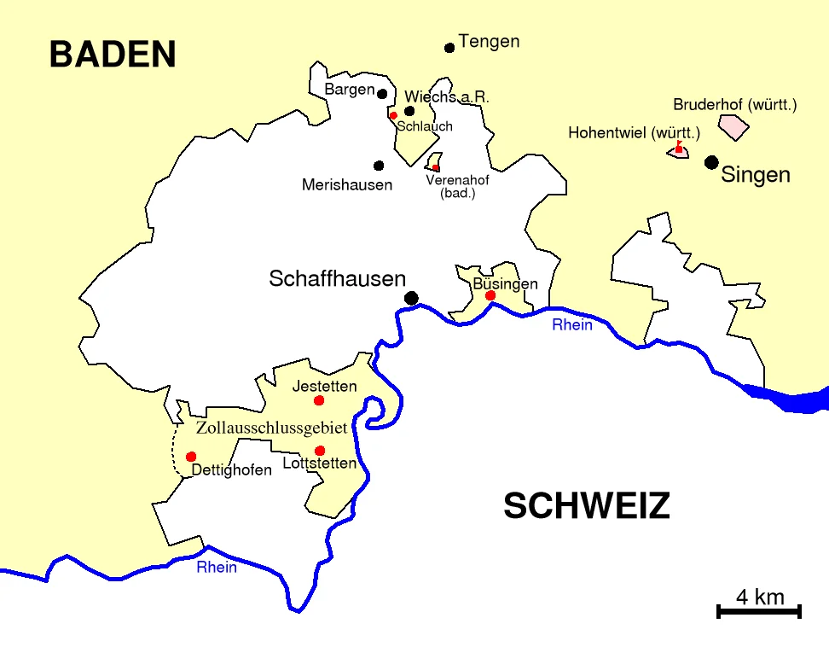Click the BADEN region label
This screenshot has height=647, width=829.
tap(113, 55)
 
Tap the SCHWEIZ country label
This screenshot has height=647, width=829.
tap(586, 506)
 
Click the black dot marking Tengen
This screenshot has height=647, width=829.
tap(449, 48)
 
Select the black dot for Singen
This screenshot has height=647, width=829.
tap(711, 162)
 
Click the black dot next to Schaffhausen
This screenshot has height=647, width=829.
tap(412, 298)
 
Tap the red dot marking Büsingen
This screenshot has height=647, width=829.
tap(490, 296)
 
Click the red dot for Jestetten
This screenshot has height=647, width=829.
tap(319, 400)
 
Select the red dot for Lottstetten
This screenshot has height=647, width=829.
tap(320, 451)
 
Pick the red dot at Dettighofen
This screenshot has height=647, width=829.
tap(191, 457)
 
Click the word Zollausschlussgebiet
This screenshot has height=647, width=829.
tap(272, 428)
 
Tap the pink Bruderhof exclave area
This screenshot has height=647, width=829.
tap(733, 127)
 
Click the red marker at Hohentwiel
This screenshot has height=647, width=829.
tap(679, 149)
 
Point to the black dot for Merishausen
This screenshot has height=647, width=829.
tap(379, 166)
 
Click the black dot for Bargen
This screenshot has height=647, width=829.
tap(382, 94)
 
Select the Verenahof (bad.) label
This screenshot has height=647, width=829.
tap(457, 186)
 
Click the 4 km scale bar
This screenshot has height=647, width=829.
tap(759, 610)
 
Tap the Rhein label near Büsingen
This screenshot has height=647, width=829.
tap(571, 325)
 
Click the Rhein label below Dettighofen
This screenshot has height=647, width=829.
tap(217, 568)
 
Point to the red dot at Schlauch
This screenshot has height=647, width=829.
tap(393, 115)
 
